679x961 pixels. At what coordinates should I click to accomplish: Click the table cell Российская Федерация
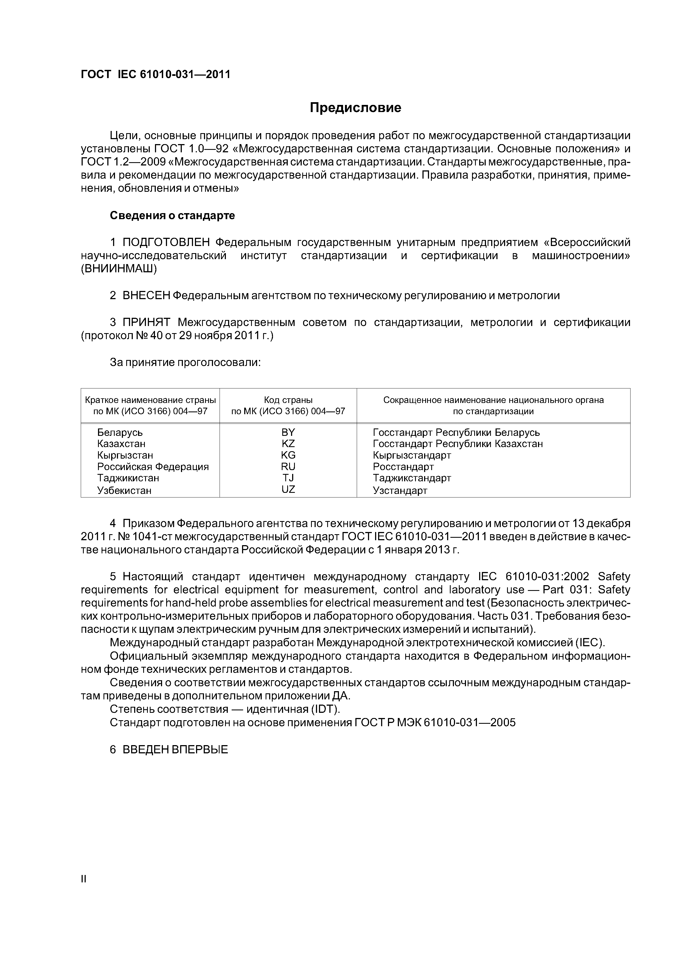(x=153, y=467)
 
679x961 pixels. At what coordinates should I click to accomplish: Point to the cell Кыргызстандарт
(x=412, y=455)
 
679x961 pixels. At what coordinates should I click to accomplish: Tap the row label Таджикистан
(x=128, y=478)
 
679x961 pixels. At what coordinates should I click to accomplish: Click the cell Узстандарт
(x=400, y=491)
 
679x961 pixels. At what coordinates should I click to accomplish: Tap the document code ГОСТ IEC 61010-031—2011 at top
(x=155, y=75)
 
